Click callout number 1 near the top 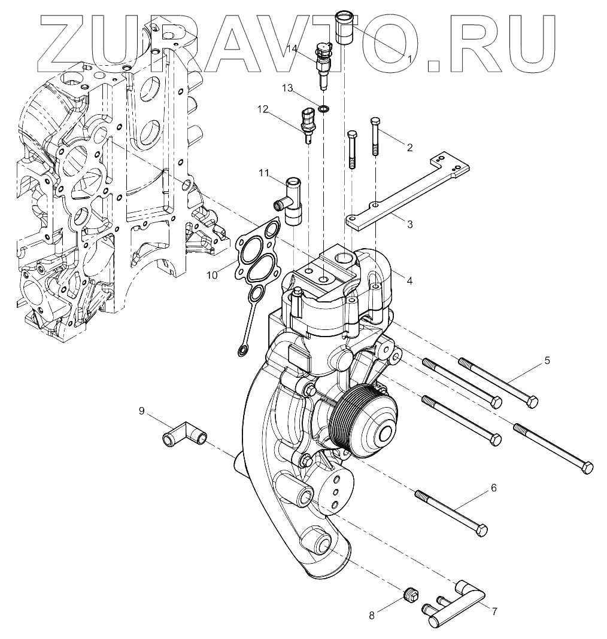[x=409, y=59]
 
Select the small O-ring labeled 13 [x=323, y=109]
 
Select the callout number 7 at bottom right [x=494, y=611]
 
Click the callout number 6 [x=493, y=488]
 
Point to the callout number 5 [x=547, y=360]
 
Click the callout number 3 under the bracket [x=409, y=225]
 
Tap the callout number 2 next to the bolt [x=409, y=147]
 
